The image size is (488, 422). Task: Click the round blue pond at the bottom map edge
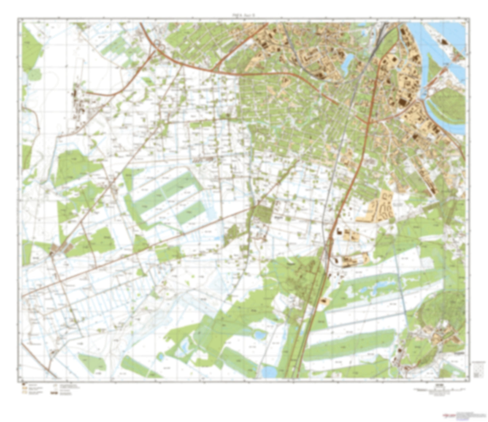(x=269, y=372)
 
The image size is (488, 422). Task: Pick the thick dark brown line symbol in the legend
(x=53, y=393)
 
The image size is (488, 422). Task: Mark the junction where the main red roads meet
(x=367, y=122)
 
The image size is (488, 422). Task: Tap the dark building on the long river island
(x=444, y=42)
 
